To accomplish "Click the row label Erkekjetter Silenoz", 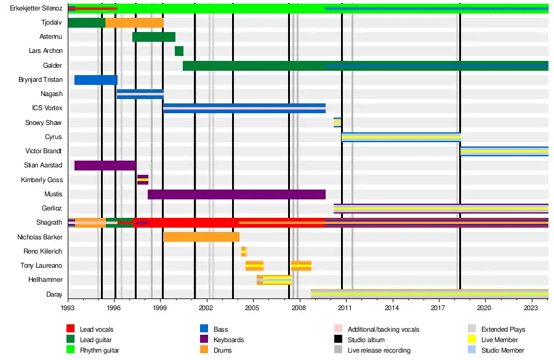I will click(x=32, y=9).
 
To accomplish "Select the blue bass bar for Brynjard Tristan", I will click(x=95, y=79).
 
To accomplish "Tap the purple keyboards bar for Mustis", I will click(x=236, y=194).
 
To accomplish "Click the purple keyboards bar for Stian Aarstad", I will click(x=105, y=166).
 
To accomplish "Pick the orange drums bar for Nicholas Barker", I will click(x=201, y=237).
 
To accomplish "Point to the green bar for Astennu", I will click(x=153, y=37).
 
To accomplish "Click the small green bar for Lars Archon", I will click(x=179, y=51).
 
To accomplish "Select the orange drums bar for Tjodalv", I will click(x=134, y=23).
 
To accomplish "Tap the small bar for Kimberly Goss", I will click(x=142, y=180).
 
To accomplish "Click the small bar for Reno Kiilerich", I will click(x=244, y=251).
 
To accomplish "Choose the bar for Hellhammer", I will click(x=274, y=280).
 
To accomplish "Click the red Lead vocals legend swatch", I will click(x=70, y=330).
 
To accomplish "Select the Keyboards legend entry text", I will click(x=228, y=340).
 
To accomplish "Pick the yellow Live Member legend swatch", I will click(x=472, y=340).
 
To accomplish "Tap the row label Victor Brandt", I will click(x=44, y=151).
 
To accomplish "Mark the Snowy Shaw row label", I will click(x=44, y=122).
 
